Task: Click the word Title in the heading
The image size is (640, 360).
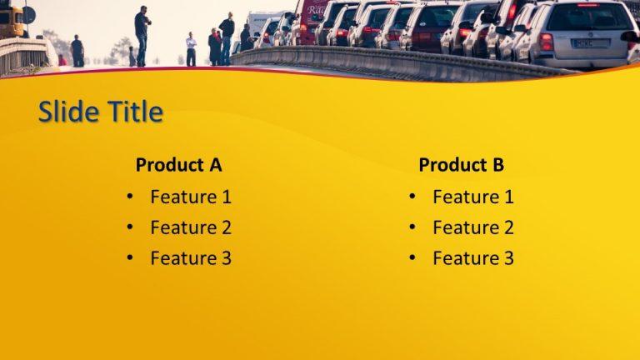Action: pos(133,112)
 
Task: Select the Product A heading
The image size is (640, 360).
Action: pos(178,165)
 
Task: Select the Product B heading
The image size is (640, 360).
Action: pos(461,165)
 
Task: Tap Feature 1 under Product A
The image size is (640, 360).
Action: pos(190,197)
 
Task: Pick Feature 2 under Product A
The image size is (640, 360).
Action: pos(190,227)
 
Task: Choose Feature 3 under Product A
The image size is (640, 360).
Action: pos(190,258)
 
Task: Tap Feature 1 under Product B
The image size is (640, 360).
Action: pos(472,197)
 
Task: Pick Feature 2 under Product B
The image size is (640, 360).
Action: pos(472,227)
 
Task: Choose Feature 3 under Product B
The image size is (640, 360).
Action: pos(472,258)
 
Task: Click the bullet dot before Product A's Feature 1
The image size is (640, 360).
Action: pos(129,197)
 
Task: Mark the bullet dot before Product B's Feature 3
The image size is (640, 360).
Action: pos(412,258)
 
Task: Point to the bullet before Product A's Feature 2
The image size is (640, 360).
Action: pos(129,227)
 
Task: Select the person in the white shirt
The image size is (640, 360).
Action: pos(192,48)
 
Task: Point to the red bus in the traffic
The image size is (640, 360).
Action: pos(310,21)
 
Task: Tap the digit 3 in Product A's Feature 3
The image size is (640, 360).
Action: pos(226,258)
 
